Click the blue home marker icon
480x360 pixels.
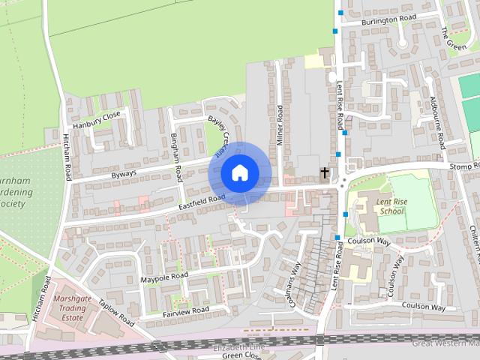(x=238, y=172)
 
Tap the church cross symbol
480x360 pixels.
(x=325, y=172)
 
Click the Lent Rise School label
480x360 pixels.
(x=391, y=206)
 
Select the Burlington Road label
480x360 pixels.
(x=388, y=21)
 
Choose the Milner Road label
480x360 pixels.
(x=280, y=123)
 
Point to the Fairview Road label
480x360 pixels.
(x=184, y=310)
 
